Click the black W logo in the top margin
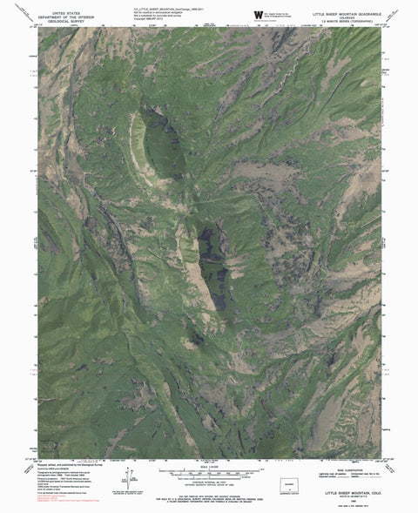[x=258, y=16]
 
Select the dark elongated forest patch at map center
[x=213, y=266]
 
